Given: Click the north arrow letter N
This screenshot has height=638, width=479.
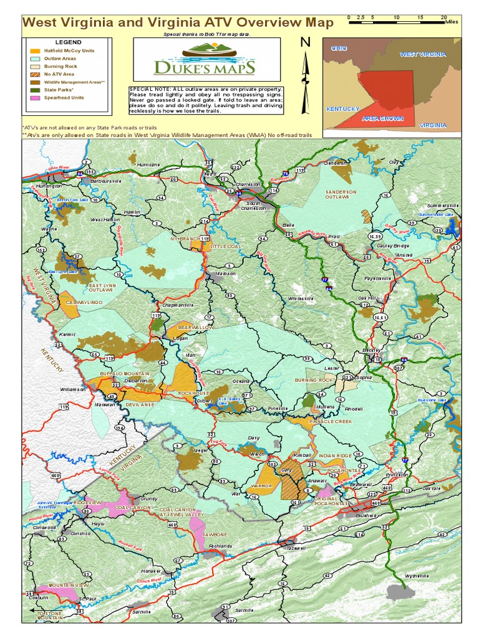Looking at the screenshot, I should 305,42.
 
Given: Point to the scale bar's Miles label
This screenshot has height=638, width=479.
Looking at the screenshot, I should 453,21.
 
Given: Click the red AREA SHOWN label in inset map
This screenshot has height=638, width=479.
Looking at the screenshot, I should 383,118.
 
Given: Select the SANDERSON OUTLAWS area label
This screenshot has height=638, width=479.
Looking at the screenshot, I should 341,194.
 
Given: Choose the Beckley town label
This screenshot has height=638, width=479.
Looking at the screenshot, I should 372,351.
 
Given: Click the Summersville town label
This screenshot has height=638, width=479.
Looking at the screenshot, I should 443,205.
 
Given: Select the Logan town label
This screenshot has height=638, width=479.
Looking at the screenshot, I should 180,338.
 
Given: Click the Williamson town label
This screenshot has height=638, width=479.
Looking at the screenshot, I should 72,389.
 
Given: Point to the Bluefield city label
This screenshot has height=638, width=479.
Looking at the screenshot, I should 365,516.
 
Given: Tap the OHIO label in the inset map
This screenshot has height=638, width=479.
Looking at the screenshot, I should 339,48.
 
